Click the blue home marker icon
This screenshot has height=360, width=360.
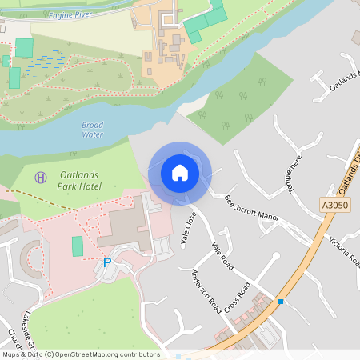point(179,172)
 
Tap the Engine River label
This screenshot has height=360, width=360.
point(71,15)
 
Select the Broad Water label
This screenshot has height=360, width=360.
point(92,130)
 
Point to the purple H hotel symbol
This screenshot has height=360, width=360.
point(39,175)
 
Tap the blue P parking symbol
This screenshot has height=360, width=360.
point(107,262)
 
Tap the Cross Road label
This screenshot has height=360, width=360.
point(238,297)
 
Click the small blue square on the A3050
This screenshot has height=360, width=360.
point(281,301)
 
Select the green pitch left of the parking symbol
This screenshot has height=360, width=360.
point(77,246)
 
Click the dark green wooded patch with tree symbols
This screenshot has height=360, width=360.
point(236,100)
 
